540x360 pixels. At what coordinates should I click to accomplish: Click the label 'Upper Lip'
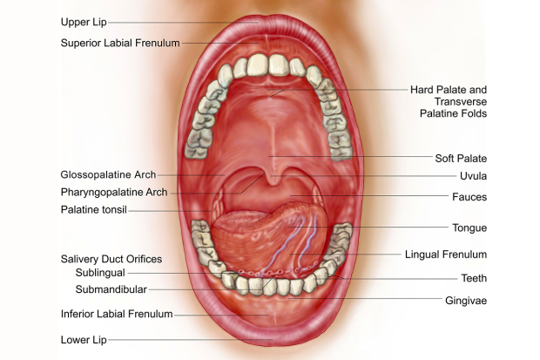(x=84, y=22)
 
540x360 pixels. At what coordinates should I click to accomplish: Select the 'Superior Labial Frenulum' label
(x=120, y=43)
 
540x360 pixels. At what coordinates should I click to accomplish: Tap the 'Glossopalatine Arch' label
(x=109, y=175)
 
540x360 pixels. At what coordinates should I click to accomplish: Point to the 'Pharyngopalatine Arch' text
(x=114, y=192)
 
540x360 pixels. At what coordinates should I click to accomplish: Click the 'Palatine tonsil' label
(x=94, y=210)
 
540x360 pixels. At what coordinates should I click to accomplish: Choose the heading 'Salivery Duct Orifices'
(x=111, y=259)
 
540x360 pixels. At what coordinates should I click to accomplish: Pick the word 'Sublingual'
(x=100, y=273)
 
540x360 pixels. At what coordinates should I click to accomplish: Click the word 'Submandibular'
(x=111, y=289)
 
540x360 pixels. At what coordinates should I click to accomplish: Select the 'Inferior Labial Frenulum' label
(x=117, y=314)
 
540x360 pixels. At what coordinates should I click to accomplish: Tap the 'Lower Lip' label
(x=84, y=340)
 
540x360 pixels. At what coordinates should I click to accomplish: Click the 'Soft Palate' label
(x=461, y=159)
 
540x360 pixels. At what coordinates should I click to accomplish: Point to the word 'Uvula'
(x=474, y=176)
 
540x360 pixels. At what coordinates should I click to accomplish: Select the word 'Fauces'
(x=469, y=197)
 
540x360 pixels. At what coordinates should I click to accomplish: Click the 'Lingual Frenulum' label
(x=446, y=255)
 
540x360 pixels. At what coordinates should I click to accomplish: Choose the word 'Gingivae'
(x=466, y=301)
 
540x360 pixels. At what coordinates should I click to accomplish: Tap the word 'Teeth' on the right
(x=474, y=278)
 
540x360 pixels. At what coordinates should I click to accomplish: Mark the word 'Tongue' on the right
(x=469, y=228)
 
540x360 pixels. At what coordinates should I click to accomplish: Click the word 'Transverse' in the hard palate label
(x=461, y=102)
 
